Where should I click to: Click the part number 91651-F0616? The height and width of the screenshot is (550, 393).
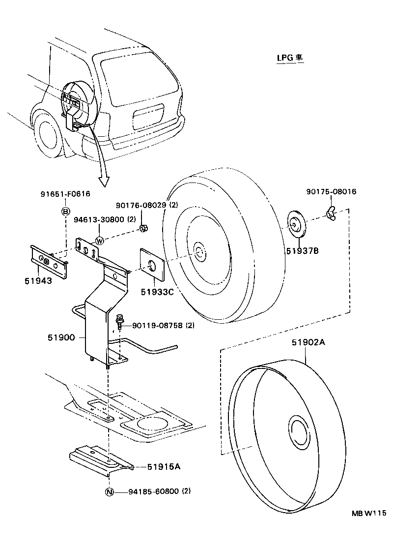click(65, 194)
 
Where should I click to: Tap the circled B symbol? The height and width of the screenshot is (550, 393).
click(65, 211)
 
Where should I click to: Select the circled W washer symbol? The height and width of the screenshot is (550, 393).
click(100, 241)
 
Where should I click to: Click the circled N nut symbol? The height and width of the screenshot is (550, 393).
click(109, 491)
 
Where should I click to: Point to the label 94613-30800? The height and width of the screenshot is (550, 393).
click(98, 219)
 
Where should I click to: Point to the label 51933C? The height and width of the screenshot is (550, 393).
click(157, 292)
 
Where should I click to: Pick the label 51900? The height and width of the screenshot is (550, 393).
click(61, 337)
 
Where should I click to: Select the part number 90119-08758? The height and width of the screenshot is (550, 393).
click(153, 326)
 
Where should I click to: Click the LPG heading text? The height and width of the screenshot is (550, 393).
click(289, 58)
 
